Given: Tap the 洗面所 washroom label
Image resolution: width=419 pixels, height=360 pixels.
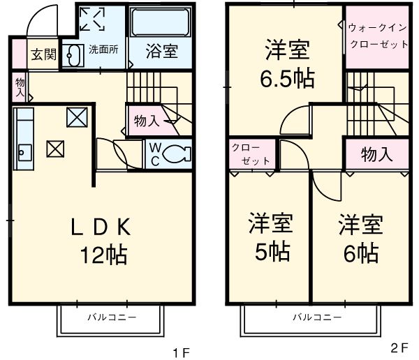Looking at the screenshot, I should point(103,50).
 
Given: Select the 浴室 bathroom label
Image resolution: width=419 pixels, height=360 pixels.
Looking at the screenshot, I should point(161,51).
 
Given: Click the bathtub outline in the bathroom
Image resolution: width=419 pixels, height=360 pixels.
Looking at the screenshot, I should point(161,24).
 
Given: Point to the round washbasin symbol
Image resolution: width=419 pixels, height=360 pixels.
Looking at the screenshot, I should point(72,54).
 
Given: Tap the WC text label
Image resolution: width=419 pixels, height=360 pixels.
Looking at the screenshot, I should point(155,153).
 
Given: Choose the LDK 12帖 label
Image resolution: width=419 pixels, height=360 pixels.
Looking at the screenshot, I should point(102,241).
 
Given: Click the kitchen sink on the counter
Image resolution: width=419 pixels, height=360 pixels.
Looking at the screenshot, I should point(23,150).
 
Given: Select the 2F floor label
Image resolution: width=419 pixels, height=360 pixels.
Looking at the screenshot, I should point(399,347).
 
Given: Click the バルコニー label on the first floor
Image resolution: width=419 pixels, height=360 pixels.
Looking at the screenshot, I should point(111,317).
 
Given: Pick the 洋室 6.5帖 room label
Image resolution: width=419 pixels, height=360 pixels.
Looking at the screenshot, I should point(287,64).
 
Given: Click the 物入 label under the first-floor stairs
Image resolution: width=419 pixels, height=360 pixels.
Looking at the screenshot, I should point(146,120).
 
